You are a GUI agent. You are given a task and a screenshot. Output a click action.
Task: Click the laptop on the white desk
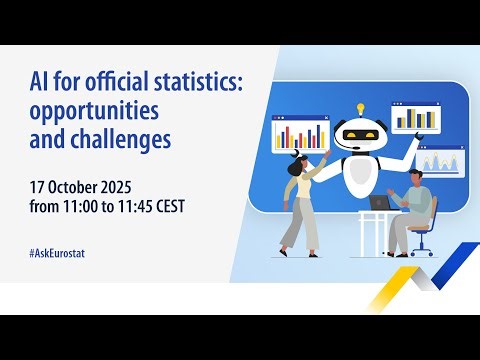click(380, 202)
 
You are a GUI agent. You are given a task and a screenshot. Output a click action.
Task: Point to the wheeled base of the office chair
click(421, 252)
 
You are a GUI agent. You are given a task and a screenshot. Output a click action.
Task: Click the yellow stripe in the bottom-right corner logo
click(396, 290)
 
